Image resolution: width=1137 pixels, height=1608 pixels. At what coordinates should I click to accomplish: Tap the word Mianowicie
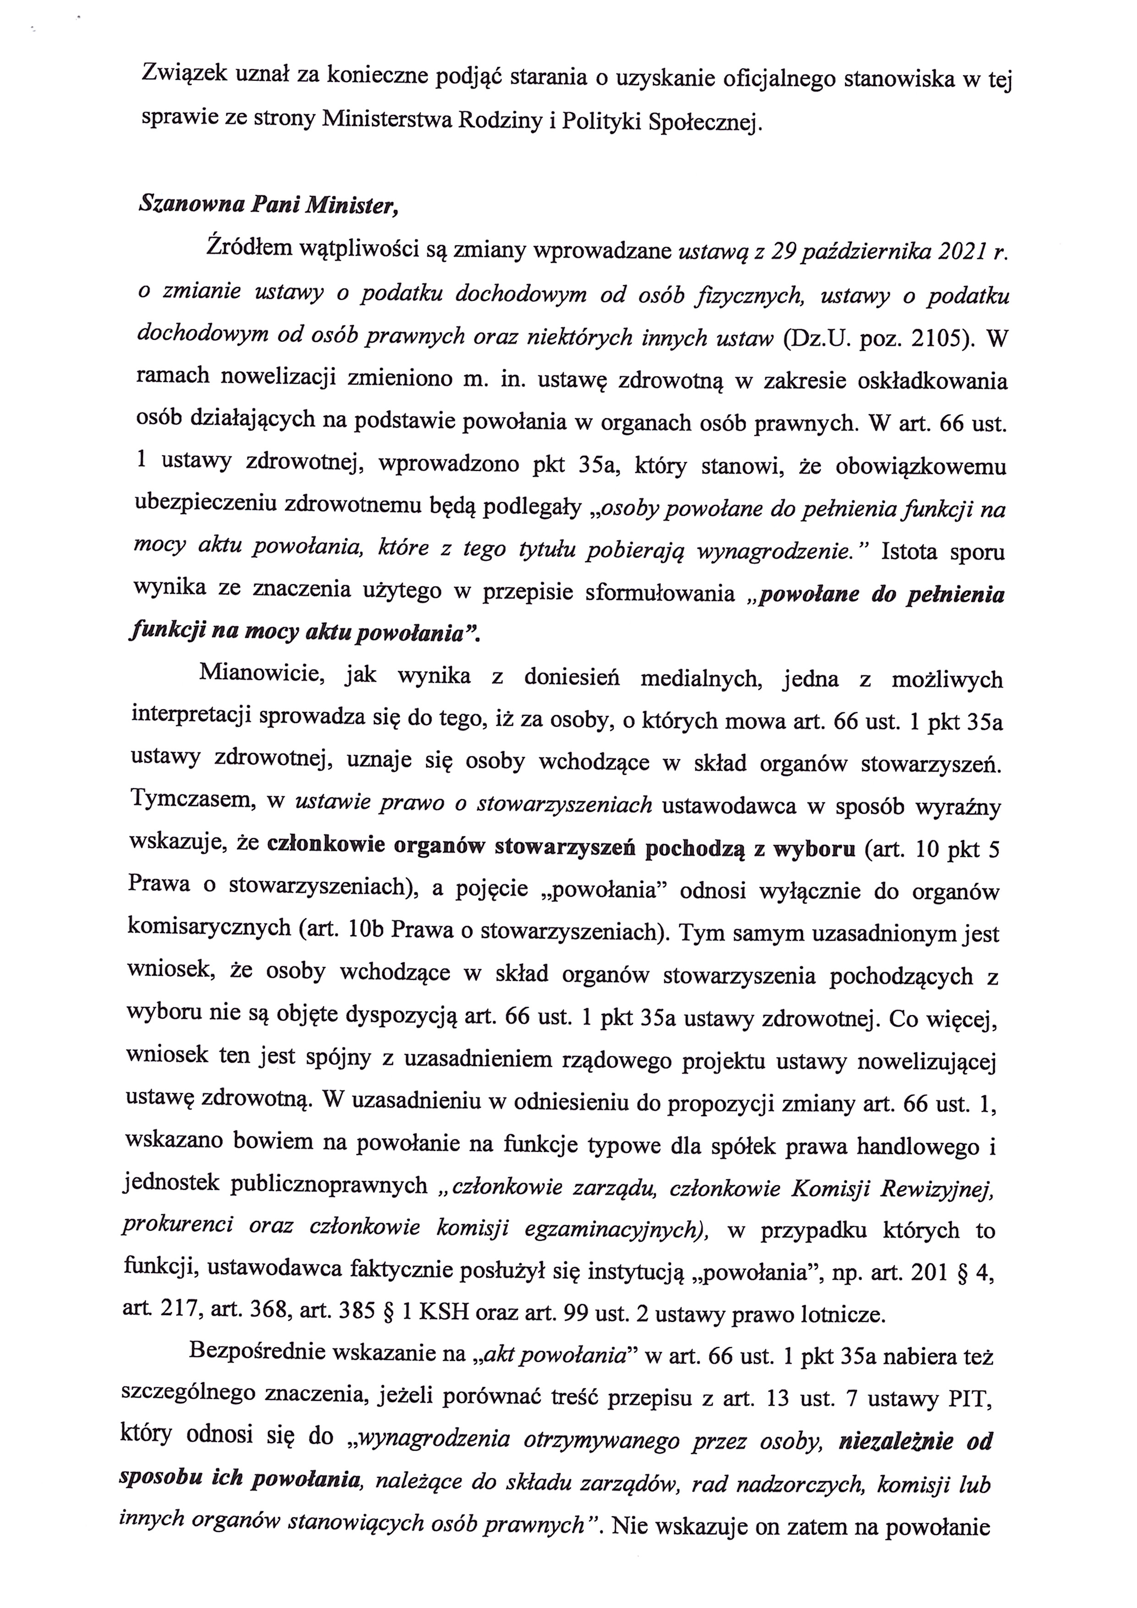(x=260, y=673)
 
